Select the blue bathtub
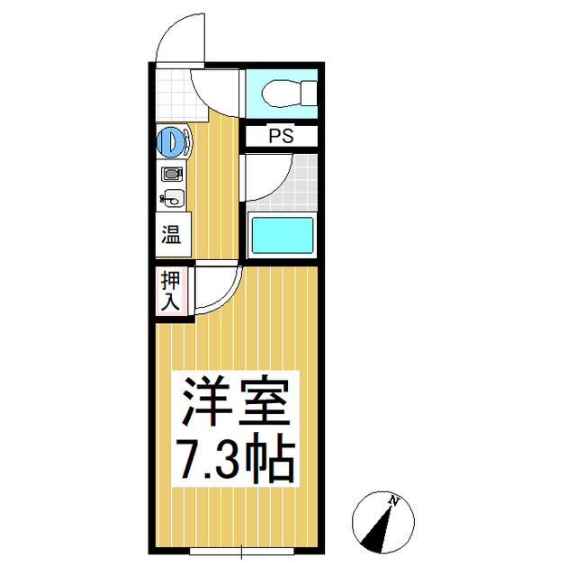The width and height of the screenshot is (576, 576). tap(282, 236)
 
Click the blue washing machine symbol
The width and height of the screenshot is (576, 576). tap(172, 141)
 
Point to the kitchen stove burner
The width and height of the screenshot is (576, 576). tap(172, 174)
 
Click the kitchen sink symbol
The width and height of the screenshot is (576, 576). tap(172, 198)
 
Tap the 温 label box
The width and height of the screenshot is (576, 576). tap(171, 236)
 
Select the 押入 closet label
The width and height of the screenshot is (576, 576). tap(170, 291)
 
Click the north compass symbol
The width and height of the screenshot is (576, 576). tap(382, 522)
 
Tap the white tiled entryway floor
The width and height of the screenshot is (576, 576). tap(173, 90)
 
